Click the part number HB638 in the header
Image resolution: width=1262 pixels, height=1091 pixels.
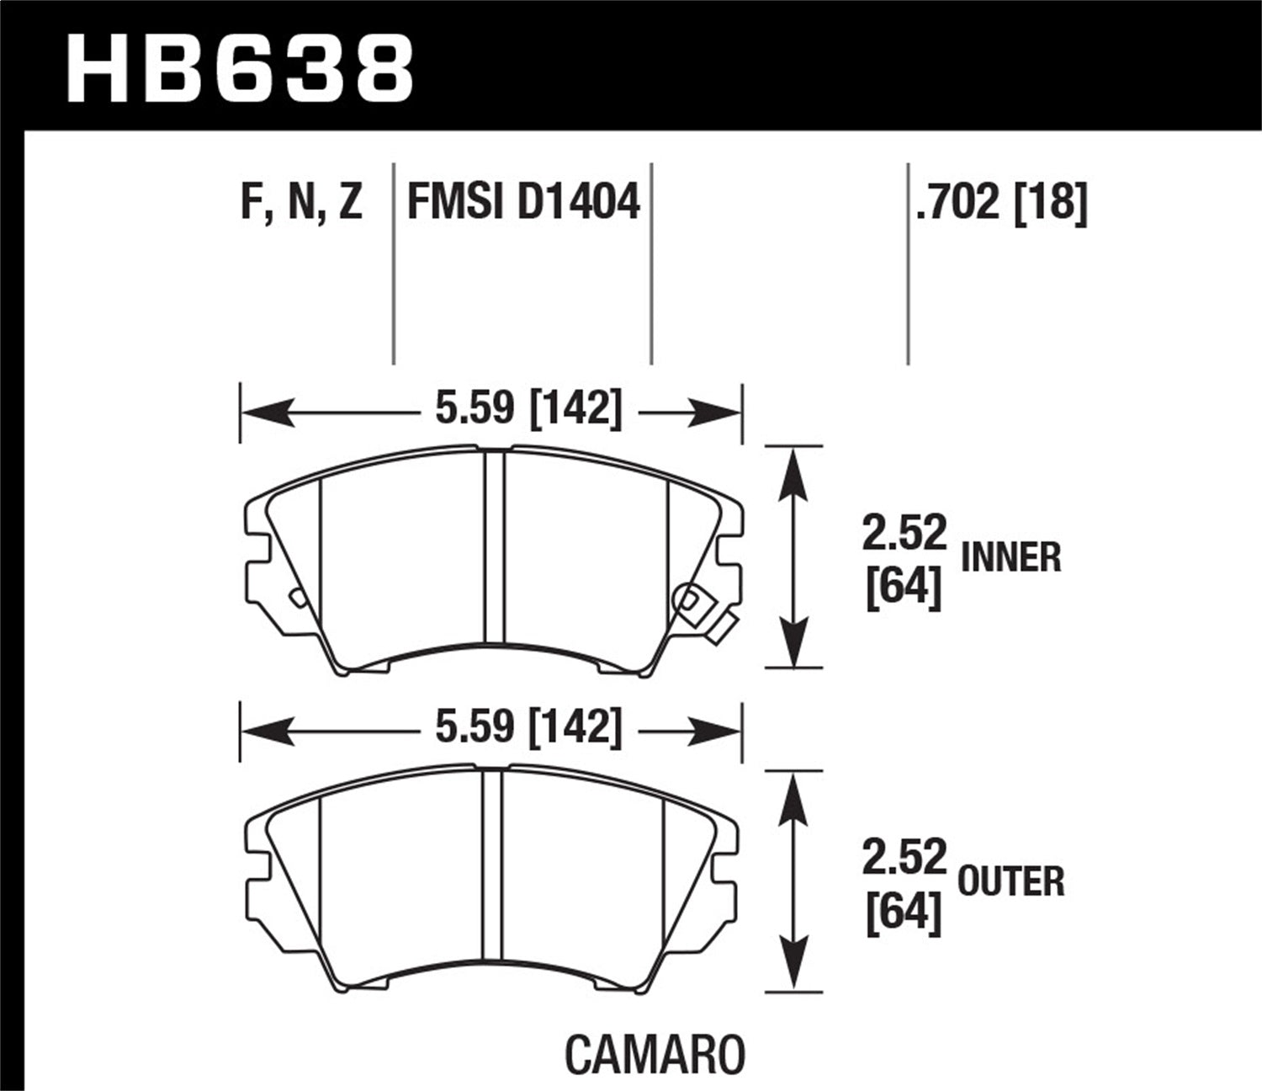(x=240, y=69)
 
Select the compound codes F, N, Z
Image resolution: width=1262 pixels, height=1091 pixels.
(x=301, y=203)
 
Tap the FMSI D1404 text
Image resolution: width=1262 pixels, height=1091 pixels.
(x=523, y=203)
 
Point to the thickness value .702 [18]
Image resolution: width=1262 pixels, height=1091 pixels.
(x=1001, y=203)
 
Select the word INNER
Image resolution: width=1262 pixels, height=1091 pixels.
(x=1010, y=558)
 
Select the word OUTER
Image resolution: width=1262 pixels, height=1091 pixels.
(x=1011, y=881)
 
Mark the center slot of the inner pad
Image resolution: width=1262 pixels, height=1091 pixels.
(x=495, y=547)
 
